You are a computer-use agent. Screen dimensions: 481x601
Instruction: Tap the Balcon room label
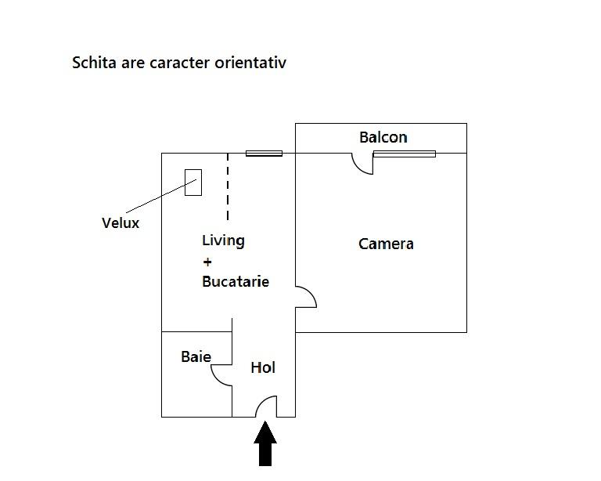coord(383,137)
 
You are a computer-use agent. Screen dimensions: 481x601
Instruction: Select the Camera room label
coord(386,244)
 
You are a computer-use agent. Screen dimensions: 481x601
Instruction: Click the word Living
coord(223,240)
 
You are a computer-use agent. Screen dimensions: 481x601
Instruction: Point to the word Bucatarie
coord(235,281)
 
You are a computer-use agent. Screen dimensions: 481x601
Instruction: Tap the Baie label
coord(196,356)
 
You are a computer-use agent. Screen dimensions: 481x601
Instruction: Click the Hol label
coord(263,367)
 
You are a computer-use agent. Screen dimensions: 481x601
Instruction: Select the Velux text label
coord(121,222)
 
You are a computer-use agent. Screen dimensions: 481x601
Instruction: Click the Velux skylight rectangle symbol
coord(193,183)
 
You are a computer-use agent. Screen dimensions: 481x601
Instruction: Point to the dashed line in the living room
coord(228,188)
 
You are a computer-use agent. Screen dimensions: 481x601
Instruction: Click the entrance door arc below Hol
coord(266,407)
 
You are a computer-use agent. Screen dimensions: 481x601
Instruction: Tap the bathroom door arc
coord(221,374)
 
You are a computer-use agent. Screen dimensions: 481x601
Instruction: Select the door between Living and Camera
coord(306,298)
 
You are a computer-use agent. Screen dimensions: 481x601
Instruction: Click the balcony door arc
coord(362,163)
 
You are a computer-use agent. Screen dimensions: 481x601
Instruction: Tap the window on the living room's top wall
coord(264,154)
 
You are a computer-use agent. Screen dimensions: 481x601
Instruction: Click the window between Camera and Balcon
coord(404,154)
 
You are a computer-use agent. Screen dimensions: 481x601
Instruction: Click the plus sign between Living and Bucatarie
coord(207,262)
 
